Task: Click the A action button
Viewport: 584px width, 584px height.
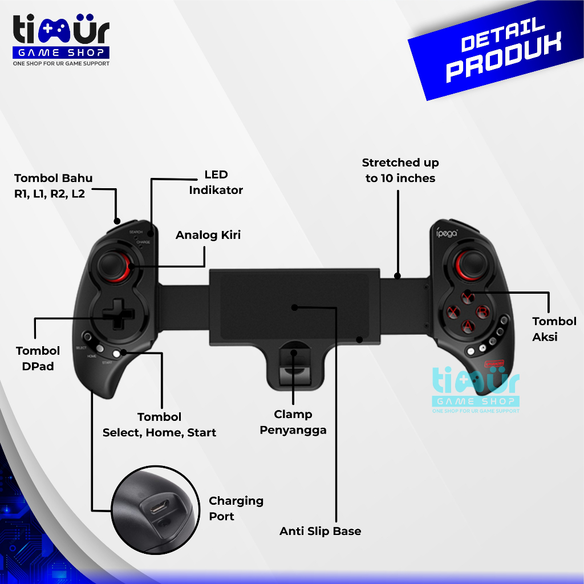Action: (x=468, y=326)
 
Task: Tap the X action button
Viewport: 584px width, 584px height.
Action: (x=453, y=311)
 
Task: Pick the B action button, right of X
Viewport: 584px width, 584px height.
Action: (x=483, y=311)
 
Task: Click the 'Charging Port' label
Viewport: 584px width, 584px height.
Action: (x=236, y=508)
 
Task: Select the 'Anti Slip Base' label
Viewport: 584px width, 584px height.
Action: (x=320, y=531)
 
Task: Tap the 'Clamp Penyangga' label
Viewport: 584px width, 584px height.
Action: (x=293, y=422)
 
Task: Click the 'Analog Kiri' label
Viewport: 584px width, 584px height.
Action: (x=208, y=235)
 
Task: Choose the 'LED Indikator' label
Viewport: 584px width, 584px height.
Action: (x=216, y=182)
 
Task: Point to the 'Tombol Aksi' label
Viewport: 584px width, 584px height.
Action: (x=554, y=329)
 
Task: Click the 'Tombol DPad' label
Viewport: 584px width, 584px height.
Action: (x=38, y=358)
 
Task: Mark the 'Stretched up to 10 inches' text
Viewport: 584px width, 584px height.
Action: (x=400, y=171)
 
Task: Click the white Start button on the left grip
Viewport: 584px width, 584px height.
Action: (x=117, y=354)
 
